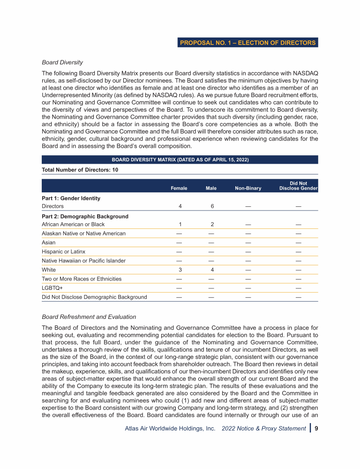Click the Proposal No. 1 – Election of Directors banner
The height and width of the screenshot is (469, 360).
click(248, 43)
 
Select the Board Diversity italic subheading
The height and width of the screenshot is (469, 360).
click(62, 62)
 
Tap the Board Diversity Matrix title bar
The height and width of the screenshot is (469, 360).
click(180, 160)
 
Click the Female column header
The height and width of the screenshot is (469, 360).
click(179, 188)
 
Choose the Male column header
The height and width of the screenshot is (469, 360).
click(211, 188)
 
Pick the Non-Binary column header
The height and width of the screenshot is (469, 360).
click(248, 188)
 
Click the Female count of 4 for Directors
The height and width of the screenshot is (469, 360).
click(180, 206)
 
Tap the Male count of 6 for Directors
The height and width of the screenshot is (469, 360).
click(212, 206)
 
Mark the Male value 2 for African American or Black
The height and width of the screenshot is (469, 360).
click(212, 224)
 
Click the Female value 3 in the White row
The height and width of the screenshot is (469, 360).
click(180, 270)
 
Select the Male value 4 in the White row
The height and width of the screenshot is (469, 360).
click(212, 270)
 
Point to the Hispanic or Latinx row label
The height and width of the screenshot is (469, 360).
click(64, 251)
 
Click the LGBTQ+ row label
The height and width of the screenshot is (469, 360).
click(52, 288)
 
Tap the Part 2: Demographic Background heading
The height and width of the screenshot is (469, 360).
click(85, 216)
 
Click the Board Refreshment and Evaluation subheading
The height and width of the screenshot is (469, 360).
click(89, 317)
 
